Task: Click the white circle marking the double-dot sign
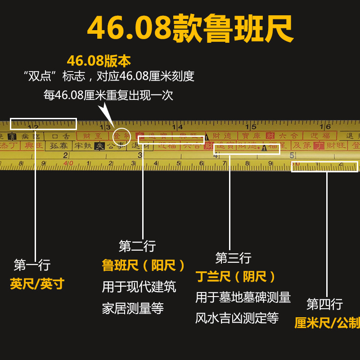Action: tap(121, 136)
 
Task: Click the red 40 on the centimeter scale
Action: tap(68, 163)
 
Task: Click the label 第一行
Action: tap(32, 265)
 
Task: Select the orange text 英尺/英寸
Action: tap(37, 284)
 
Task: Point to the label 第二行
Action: tap(137, 246)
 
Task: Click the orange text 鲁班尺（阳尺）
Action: tap(144, 265)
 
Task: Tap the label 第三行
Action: tap(233, 258)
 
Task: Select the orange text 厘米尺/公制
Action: tap(327, 323)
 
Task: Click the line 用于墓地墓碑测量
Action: tap(243, 297)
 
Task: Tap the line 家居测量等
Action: tap(133, 309)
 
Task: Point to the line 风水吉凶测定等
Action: tap(237, 318)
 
